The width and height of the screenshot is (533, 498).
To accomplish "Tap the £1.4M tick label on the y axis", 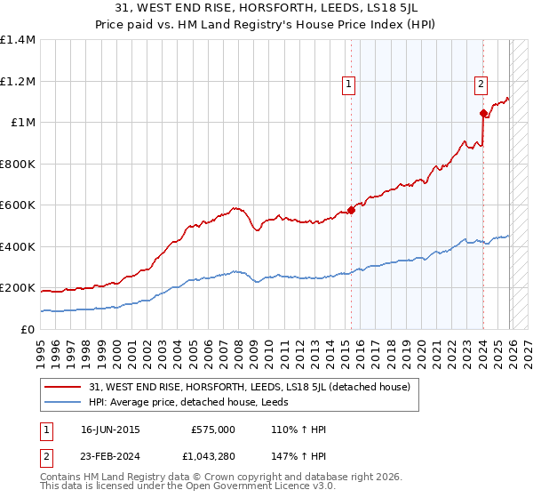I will click(18, 40).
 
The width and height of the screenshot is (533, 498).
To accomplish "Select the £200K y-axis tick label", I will click(18, 288).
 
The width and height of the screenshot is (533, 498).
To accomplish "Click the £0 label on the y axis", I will click(28, 329).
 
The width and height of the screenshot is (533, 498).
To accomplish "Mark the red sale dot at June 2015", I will click(351, 210).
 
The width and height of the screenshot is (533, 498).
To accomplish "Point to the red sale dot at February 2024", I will click(483, 113).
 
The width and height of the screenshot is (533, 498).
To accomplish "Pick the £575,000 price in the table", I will click(212, 430).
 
